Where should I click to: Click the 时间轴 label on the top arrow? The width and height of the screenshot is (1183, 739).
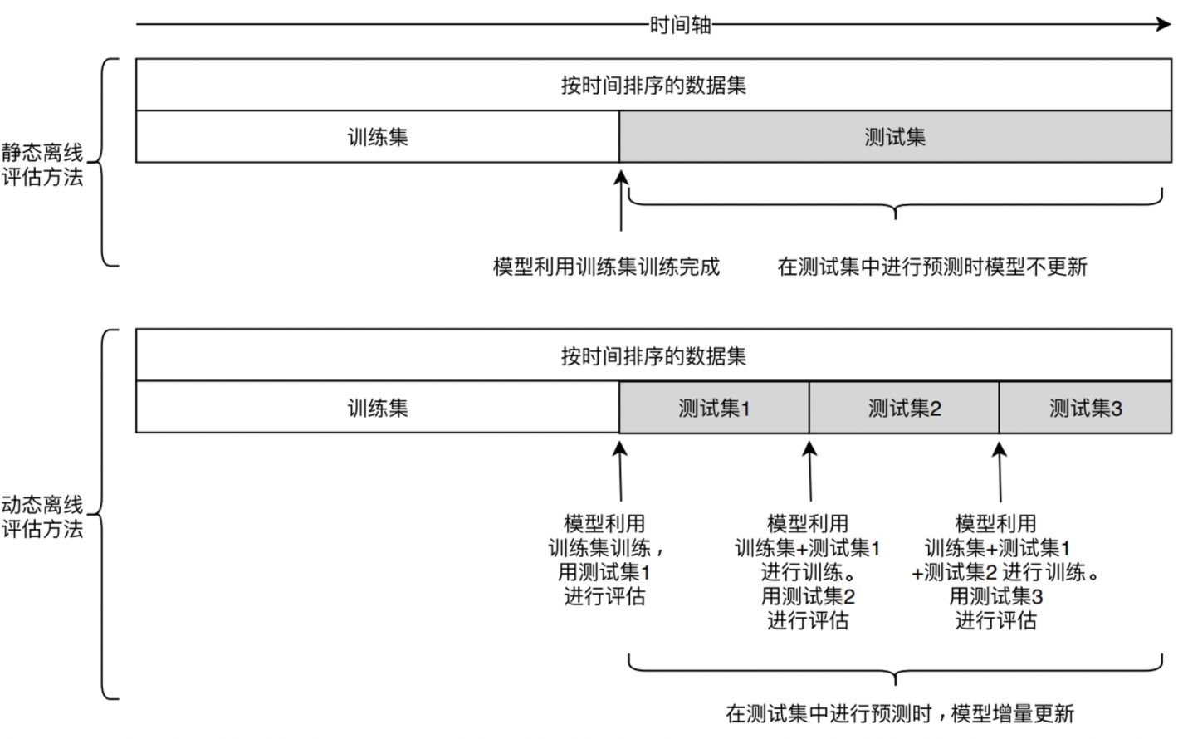coord(680,25)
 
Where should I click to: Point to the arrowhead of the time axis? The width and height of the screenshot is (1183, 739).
coord(1164,25)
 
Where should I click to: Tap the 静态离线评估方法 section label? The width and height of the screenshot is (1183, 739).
coord(42,164)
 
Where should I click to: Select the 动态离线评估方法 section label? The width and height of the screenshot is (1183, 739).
coord(42,516)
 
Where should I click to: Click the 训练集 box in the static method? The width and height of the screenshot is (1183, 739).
coord(378,137)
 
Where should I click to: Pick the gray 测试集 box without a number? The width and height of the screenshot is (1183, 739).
coord(895,137)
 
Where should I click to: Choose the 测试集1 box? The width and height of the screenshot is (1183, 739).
coord(714,408)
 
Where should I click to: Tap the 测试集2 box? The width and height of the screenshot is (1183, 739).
coord(904,408)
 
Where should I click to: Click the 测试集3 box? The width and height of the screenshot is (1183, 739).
coord(1085,408)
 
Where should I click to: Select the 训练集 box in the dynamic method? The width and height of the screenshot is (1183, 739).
coord(378,408)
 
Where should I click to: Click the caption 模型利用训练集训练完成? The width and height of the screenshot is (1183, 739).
coord(606,267)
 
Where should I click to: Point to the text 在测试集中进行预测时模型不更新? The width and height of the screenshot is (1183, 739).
coord(932,267)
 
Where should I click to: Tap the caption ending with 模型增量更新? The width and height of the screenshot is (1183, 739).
coord(900,713)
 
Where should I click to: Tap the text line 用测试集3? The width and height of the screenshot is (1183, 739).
coord(995,596)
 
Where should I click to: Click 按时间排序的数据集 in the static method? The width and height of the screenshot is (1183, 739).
coord(653,85)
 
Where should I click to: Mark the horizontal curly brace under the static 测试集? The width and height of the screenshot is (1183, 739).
coord(895,203)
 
